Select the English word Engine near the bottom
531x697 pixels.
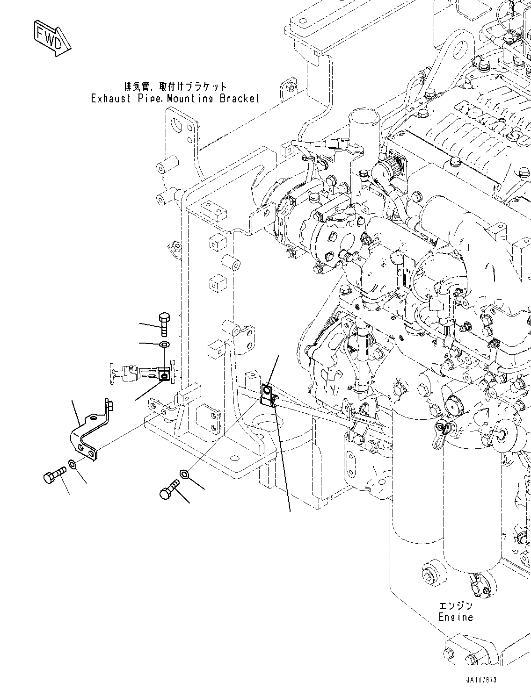(455, 617)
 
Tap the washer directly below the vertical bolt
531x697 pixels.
(164, 345)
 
